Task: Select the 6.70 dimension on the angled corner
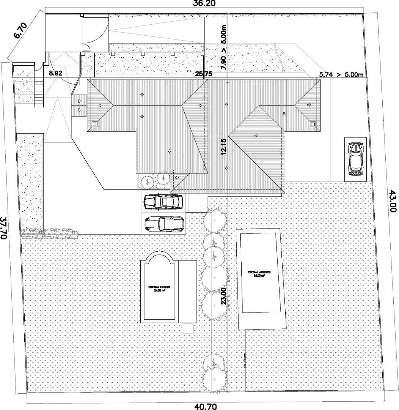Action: pyautogui.click(x=20, y=32)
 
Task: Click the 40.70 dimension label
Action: pyautogui.click(x=206, y=406)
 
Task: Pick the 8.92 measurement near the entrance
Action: pyautogui.click(x=55, y=74)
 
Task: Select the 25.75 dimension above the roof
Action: pyautogui.click(x=203, y=74)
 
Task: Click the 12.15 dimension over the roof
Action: pyautogui.click(x=223, y=146)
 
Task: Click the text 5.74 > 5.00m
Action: pyautogui.click(x=341, y=75)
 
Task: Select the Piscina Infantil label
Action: pyautogui.click(x=159, y=289)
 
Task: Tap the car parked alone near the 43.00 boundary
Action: pyautogui.click(x=355, y=159)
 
